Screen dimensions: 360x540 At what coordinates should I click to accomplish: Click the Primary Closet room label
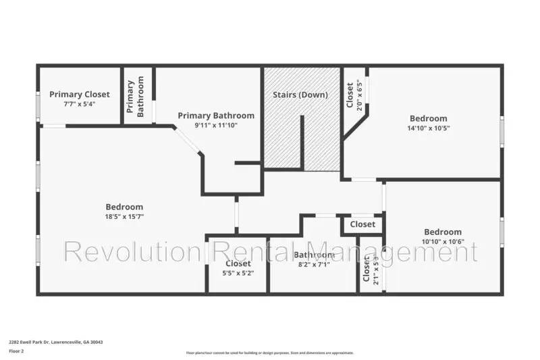click(79, 95)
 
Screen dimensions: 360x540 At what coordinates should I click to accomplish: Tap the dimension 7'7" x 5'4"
click(79, 104)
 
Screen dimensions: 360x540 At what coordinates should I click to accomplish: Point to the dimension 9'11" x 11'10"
click(216, 125)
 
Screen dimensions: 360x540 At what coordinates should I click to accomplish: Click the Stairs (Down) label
click(300, 95)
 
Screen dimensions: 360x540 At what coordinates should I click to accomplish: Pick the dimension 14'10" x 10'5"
click(427, 128)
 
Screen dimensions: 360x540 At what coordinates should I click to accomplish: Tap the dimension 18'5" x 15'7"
click(124, 216)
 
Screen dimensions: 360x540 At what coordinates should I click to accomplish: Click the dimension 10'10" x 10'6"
click(442, 241)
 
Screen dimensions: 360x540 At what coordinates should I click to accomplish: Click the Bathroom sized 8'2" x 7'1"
click(314, 255)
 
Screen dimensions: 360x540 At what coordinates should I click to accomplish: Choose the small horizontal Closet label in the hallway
click(362, 224)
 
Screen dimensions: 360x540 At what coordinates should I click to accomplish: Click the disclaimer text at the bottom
click(269, 353)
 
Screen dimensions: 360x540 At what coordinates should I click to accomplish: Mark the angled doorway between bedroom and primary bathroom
click(188, 143)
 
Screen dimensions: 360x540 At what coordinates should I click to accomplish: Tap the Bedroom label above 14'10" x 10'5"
click(427, 118)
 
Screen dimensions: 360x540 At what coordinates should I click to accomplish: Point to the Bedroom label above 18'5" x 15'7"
click(124, 207)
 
